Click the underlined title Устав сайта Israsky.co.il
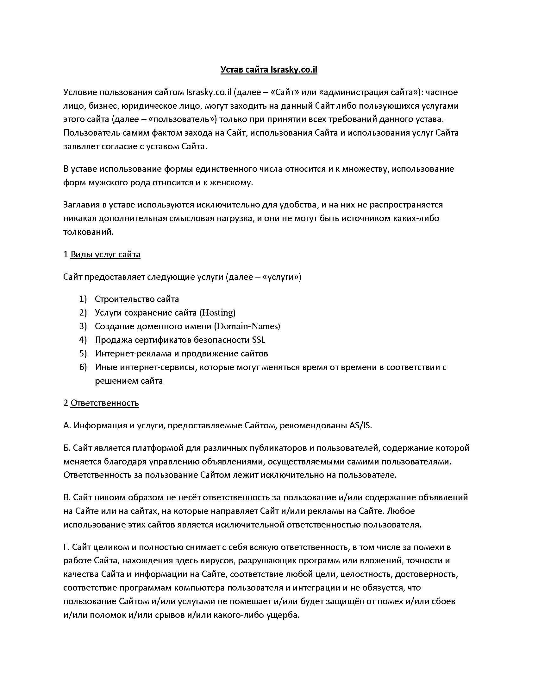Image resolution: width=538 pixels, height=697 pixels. [x=269, y=70]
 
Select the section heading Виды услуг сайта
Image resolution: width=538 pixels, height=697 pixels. [x=105, y=254]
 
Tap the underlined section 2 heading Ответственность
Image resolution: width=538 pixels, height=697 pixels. [x=104, y=403]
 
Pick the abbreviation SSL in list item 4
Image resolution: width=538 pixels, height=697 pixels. [x=259, y=340]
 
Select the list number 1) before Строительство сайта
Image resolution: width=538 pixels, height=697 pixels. [x=83, y=299]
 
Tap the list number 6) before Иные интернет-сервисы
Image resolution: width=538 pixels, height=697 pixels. [x=83, y=367]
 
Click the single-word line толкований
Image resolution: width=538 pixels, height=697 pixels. [x=88, y=232]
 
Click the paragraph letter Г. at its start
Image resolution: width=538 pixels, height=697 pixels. [x=66, y=547]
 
